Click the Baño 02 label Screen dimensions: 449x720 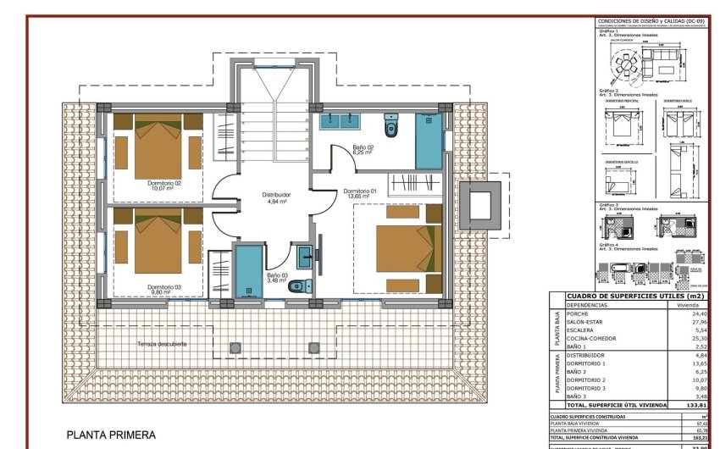363,150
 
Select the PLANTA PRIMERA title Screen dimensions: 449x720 111,435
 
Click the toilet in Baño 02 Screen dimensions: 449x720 390,125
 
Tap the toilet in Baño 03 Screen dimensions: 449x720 296,285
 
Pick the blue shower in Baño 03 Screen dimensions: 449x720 249,271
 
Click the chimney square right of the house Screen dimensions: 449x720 480,204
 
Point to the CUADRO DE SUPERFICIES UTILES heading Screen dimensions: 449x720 627,296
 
